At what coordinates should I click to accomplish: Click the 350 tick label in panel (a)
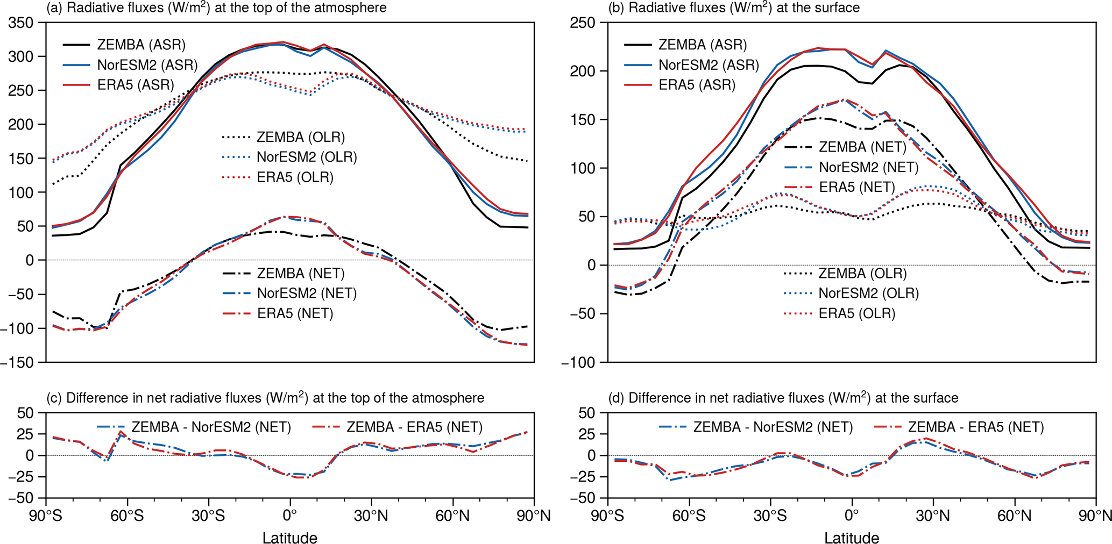coord(21,23)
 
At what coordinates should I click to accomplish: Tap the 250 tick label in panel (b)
coord(583,23)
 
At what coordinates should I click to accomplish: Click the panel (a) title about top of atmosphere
coord(217,8)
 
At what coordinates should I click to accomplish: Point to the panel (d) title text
coord(783,398)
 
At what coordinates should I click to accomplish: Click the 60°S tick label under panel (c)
coord(128,516)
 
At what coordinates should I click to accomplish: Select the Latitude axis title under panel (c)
coord(289,538)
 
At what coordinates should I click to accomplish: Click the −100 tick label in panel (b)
coord(579,363)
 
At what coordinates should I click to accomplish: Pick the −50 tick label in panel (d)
coord(583,498)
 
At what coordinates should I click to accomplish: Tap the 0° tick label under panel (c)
coord(289,516)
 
